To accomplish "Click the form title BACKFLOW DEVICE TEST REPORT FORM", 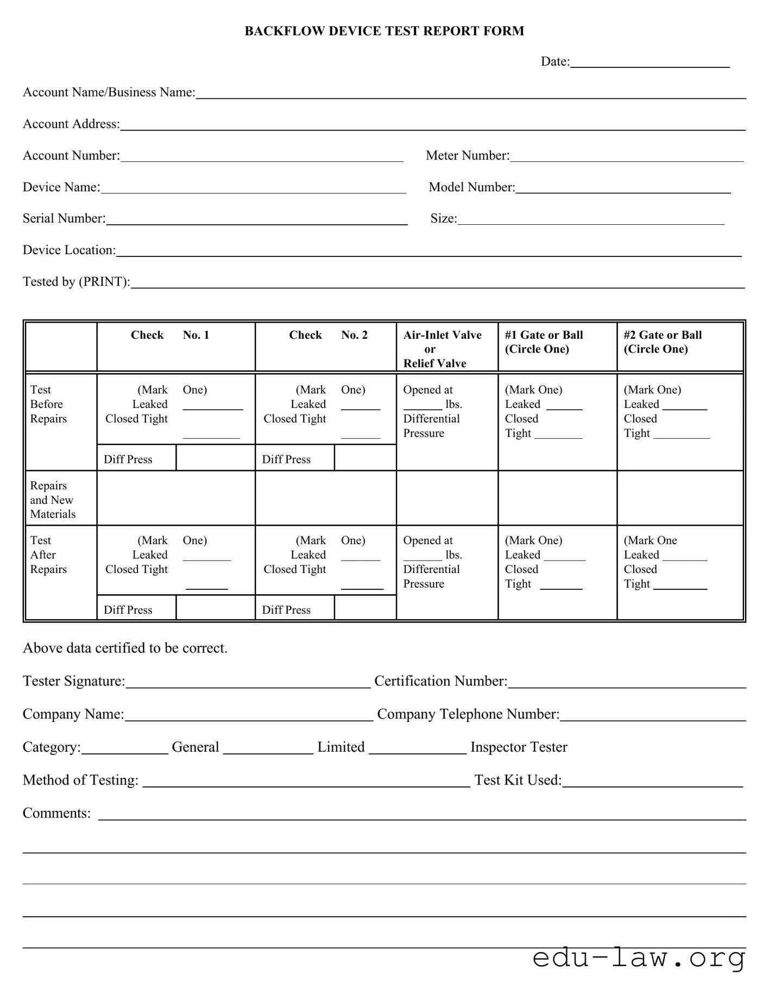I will point(384,31).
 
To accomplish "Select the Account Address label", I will point(71,124).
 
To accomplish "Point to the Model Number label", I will point(471,187).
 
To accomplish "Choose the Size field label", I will point(444,218).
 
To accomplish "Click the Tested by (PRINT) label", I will point(76,282).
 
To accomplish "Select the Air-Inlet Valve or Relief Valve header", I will point(442,349).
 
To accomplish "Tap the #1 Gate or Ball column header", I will point(544,342).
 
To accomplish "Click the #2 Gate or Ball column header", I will point(663,342).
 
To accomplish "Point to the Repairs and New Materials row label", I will point(53,500).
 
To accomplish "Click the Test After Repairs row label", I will point(48,555).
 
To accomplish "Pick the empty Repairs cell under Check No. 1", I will point(176,498).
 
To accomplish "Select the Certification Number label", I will point(440,681).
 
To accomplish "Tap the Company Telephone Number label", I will point(468,714).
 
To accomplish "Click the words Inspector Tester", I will point(519,747).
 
